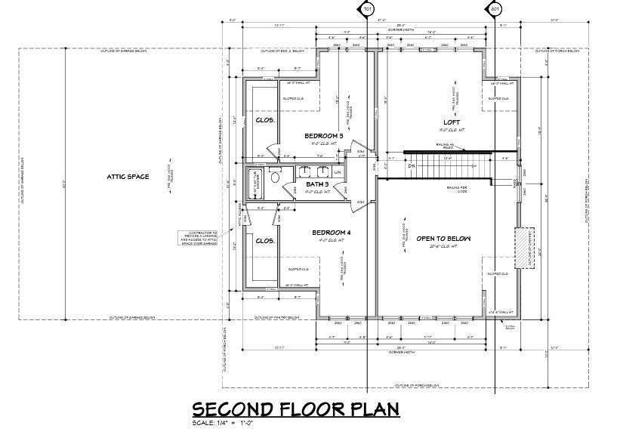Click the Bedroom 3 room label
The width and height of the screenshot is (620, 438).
[x=324, y=136]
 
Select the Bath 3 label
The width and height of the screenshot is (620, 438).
[x=317, y=184]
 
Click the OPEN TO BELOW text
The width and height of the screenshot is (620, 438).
[x=443, y=239]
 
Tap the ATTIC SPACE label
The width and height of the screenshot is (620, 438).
[x=128, y=177]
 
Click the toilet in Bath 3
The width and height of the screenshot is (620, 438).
[x=276, y=177]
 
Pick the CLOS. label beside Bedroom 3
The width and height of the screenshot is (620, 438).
[x=264, y=120]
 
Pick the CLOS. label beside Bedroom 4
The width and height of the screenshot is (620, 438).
[x=264, y=241]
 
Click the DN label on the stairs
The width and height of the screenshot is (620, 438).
[x=412, y=166]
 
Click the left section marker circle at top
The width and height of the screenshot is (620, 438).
[x=367, y=9]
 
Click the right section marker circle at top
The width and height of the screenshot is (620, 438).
[x=495, y=9]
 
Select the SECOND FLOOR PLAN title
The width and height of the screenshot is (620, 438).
[x=295, y=409]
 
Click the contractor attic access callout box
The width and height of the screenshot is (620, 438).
[x=199, y=239]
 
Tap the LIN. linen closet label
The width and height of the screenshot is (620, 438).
[x=338, y=173]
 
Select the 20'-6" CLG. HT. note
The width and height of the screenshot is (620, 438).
[x=443, y=248]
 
